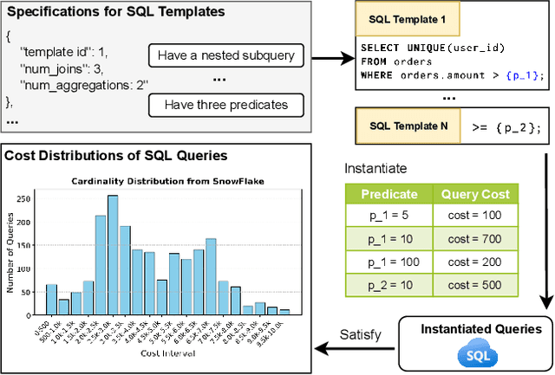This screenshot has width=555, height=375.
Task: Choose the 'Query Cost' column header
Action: pyautogui.click(x=474, y=194)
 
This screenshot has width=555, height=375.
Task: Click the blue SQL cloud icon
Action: pyautogui.click(x=474, y=355)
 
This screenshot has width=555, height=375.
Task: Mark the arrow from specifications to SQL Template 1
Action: pyautogui.click(x=330, y=61)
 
